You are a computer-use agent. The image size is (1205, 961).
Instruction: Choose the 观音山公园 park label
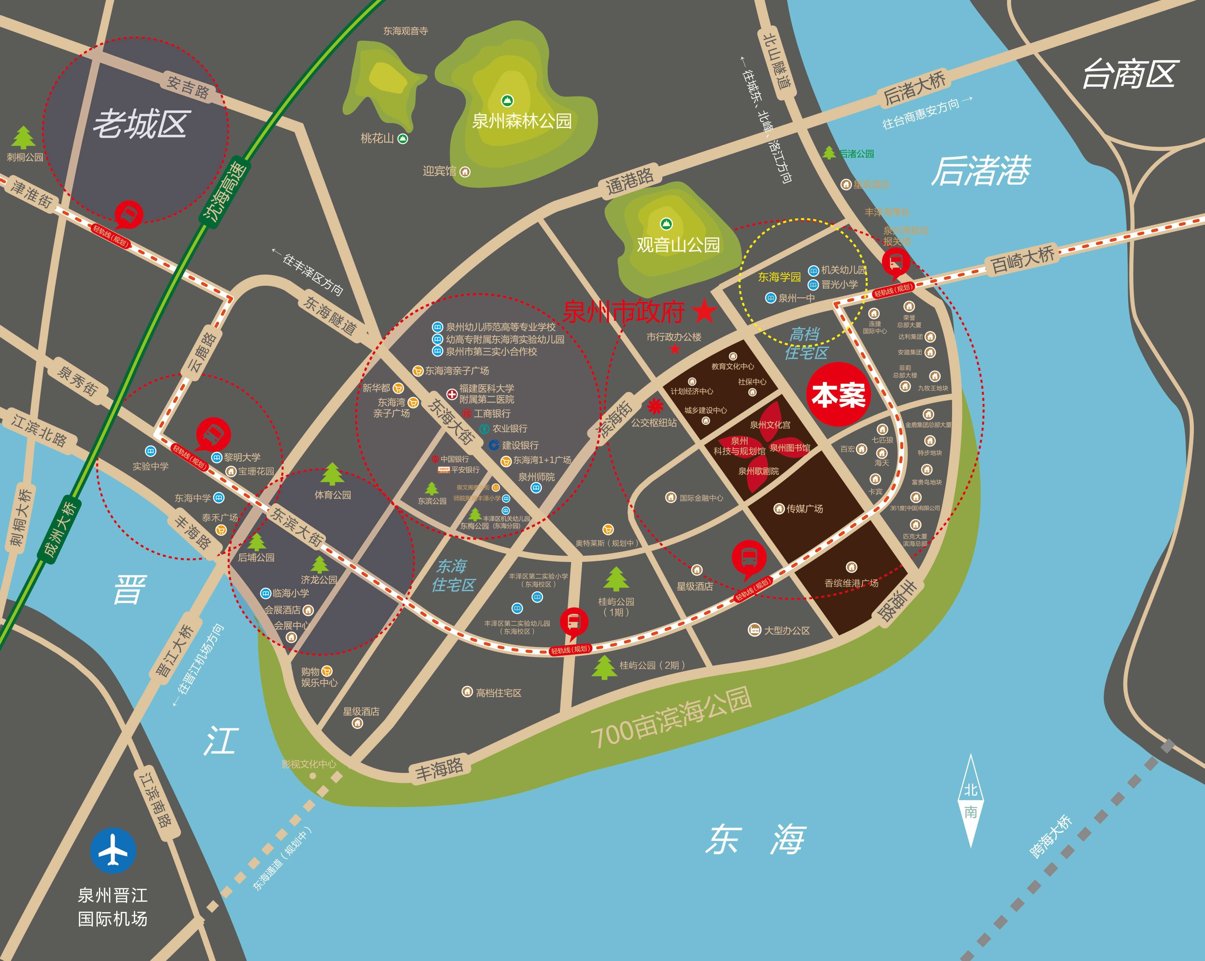[678, 244]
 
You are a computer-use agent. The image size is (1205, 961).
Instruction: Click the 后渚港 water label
[981, 170]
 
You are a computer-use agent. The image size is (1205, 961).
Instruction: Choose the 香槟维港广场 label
[851, 583]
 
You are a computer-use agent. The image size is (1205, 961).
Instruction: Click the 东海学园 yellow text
[779, 277]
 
